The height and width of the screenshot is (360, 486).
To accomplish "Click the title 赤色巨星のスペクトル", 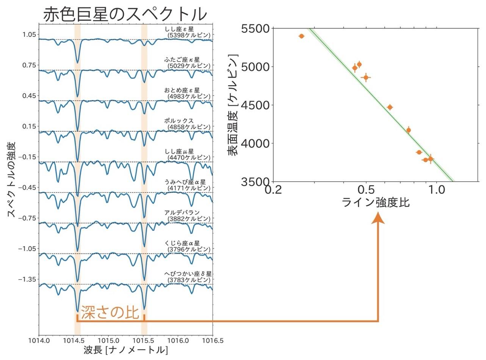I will [125, 14].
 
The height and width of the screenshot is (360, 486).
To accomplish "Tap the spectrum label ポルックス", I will [179, 121].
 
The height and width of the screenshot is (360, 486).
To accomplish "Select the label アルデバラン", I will [182, 212].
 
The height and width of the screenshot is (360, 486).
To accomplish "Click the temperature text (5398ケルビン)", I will [189, 35].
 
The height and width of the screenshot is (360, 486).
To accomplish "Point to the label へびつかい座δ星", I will [188, 274].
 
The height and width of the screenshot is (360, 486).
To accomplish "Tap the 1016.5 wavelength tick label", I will [213, 340].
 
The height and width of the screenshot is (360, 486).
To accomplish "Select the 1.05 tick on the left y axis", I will [28, 35].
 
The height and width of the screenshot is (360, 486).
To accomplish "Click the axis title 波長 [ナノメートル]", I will [125, 350].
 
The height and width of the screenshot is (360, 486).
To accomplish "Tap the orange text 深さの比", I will [110, 313].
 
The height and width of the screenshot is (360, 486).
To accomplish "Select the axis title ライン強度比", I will [375, 203].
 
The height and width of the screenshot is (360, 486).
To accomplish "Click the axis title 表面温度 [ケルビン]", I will [233, 105].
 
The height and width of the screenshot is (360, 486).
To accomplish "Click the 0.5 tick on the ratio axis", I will [366, 189].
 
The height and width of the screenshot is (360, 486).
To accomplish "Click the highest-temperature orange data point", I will [301, 36].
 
